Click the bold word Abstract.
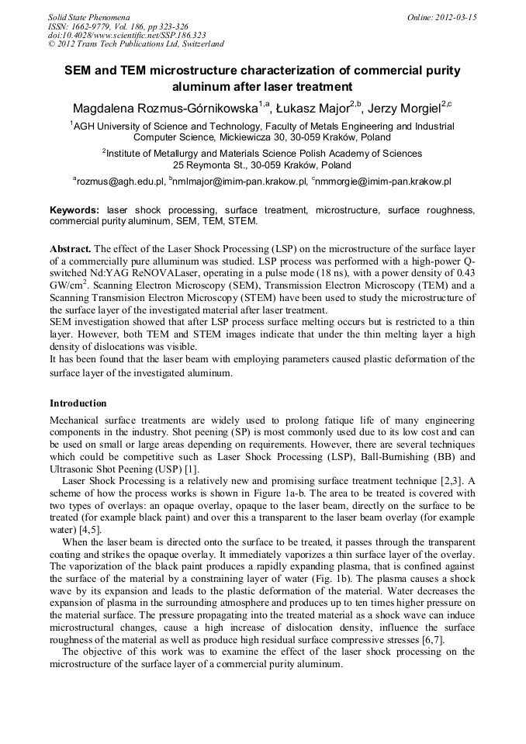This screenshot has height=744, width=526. pyautogui.click(x=71, y=248)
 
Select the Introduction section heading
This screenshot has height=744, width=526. pyautogui.click(x=78, y=403)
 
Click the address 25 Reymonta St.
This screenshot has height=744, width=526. pyautogui.click(x=210, y=165)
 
